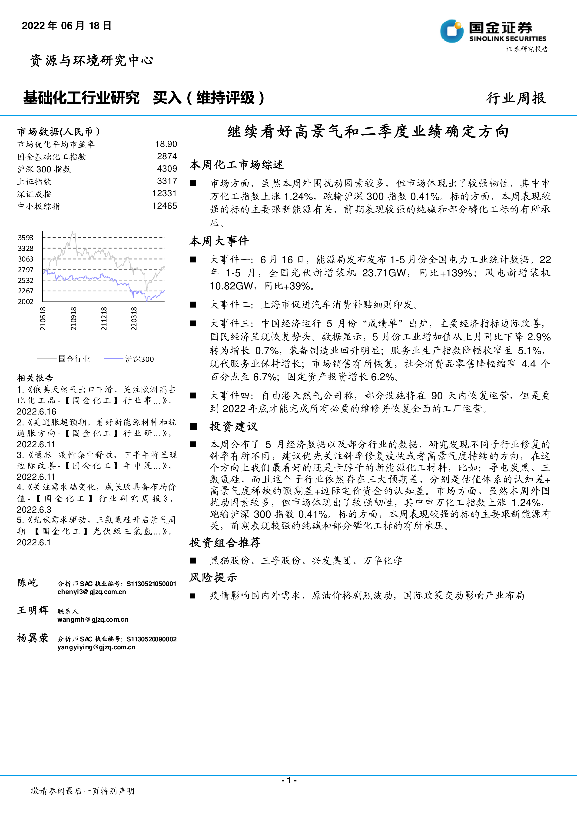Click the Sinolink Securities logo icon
point(452,31)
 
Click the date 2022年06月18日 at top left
point(67,26)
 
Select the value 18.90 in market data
point(166,144)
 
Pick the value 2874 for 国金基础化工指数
point(167,156)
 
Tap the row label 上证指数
point(34,181)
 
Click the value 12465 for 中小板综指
point(165,206)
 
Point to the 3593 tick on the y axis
point(26,237)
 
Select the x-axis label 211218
point(104,319)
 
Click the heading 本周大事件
point(219,241)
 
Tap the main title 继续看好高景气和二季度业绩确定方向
point(368,132)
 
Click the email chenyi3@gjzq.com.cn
point(92,592)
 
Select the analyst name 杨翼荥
point(33,638)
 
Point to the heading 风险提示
point(213,577)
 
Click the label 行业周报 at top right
point(516,98)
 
